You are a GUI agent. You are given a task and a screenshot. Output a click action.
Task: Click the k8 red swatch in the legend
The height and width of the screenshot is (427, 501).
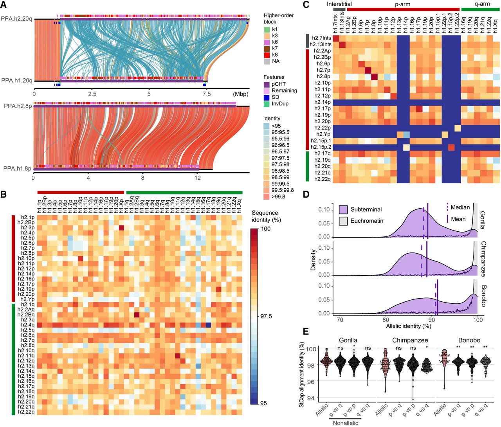267,55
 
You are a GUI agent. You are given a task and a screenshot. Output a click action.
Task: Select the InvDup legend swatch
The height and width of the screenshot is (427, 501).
267,104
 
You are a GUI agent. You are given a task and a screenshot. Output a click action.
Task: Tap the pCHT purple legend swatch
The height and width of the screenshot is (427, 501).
267,84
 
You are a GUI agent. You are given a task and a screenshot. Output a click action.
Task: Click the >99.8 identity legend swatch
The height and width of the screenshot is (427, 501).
267,196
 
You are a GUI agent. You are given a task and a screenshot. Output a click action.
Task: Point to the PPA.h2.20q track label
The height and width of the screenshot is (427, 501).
16,18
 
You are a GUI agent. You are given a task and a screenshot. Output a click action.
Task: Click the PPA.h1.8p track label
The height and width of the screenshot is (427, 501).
17,168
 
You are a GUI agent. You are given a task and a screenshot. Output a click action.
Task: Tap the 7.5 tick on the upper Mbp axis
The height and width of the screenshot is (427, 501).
206,94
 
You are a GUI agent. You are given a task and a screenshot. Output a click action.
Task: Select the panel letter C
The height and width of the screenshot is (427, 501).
306,5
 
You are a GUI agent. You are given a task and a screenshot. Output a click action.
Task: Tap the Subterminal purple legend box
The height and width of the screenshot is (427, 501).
343,209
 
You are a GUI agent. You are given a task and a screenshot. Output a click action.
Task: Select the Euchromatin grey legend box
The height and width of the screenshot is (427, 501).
343,221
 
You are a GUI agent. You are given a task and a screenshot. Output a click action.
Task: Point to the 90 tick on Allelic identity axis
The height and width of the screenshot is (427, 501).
431,319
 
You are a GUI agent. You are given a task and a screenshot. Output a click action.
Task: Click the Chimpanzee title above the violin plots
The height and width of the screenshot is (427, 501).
410,340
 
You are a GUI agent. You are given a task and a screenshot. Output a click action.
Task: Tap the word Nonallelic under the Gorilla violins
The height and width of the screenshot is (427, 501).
347,423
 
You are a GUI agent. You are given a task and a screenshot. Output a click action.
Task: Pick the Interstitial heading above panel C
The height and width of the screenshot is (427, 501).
339,4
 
